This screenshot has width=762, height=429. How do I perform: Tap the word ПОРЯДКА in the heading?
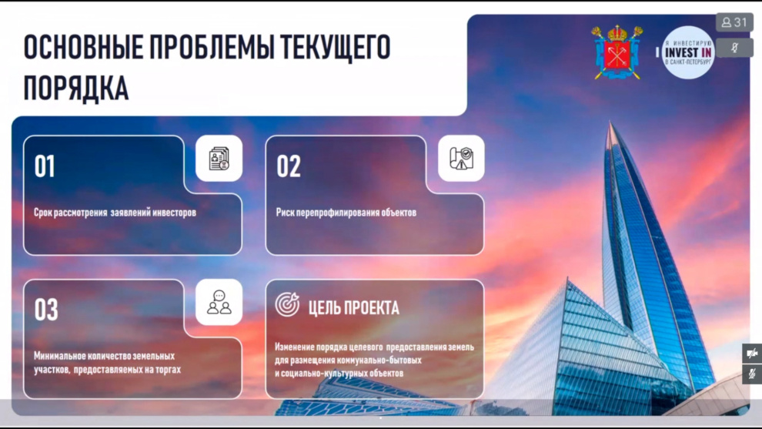click(76, 88)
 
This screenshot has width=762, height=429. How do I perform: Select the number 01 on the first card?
click(45, 166)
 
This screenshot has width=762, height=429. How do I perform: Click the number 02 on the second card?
click(289, 166)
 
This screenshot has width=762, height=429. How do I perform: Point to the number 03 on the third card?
click(46, 310)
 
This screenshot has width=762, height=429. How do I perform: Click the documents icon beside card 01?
click(219, 159)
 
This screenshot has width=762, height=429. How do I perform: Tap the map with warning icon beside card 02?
click(461, 159)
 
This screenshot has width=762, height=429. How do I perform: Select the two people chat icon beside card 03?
click(219, 302)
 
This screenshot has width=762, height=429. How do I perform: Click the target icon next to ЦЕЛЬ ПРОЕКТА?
click(287, 304)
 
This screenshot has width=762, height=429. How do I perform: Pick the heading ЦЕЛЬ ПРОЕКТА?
click(354, 308)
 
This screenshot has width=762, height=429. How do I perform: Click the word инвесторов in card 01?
click(175, 213)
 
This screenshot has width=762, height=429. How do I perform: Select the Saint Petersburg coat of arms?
click(617, 52)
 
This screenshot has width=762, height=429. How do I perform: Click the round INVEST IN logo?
click(687, 52)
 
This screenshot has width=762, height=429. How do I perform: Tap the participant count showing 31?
click(734, 22)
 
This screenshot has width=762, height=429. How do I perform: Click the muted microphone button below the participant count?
click(735, 48)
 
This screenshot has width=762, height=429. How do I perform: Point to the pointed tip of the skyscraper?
click(611, 122)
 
